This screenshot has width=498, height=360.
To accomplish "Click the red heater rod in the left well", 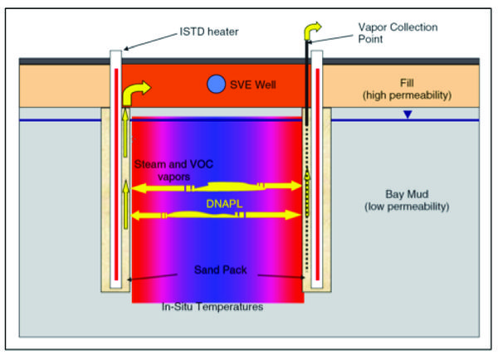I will point(115,166).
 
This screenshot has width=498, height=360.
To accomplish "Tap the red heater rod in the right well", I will point(320,166).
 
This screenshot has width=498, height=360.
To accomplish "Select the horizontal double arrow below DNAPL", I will point(217,215).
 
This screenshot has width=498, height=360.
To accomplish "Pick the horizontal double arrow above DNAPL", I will point(217,187).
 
